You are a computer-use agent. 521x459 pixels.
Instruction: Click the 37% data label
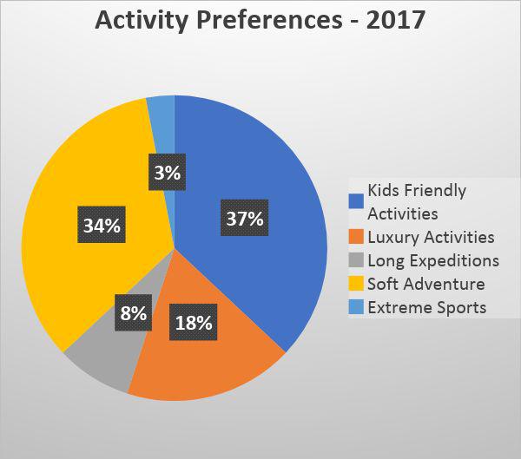244,218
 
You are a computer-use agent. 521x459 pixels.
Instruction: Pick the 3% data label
165,173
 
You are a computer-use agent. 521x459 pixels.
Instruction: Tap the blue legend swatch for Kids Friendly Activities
355,200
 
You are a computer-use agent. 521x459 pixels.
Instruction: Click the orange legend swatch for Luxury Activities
355,237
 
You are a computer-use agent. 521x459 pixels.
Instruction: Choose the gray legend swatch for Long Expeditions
355,260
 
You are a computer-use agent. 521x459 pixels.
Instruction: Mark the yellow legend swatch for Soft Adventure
355,284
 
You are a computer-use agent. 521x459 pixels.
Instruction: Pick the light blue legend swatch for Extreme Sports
355,307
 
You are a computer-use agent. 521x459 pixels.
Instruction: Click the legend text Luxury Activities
431,237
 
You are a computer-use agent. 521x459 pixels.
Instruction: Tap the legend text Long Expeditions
433,260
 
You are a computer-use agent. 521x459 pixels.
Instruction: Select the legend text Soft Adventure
425,284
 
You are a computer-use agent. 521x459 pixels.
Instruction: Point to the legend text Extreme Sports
426,307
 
